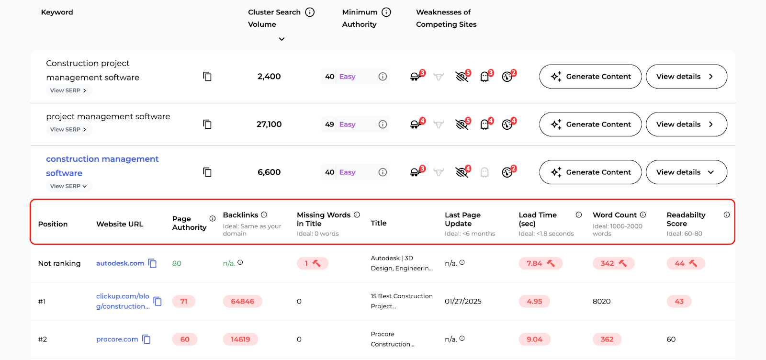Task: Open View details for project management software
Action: (x=686, y=124)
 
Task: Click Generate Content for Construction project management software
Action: (x=590, y=77)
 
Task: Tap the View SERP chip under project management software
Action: (x=68, y=130)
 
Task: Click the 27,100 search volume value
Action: (x=269, y=124)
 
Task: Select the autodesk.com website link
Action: (x=120, y=263)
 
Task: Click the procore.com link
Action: (x=117, y=339)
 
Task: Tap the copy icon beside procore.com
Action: (x=146, y=339)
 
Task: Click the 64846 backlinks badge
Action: (x=242, y=302)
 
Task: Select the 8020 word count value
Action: (x=602, y=302)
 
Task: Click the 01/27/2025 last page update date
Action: (x=463, y=302)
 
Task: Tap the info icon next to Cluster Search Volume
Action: (x=310, y=12)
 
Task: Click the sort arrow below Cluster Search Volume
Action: (x=282, y=39)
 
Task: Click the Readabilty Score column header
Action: (x=686, y=219)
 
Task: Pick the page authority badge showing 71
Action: (x=184, y=302)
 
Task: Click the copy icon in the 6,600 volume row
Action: (x=207, y=172)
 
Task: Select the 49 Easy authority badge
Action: (x=340, y=124)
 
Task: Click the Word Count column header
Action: (x=615, y=215)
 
